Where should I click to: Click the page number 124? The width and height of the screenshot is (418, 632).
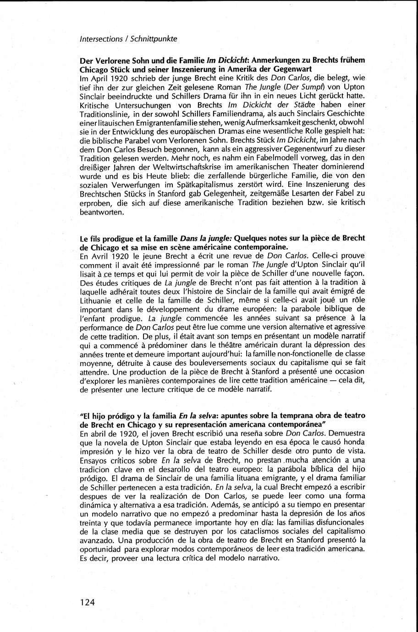(x=87, y=602)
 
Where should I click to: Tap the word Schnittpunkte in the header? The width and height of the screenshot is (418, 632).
(x=154, y=39)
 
